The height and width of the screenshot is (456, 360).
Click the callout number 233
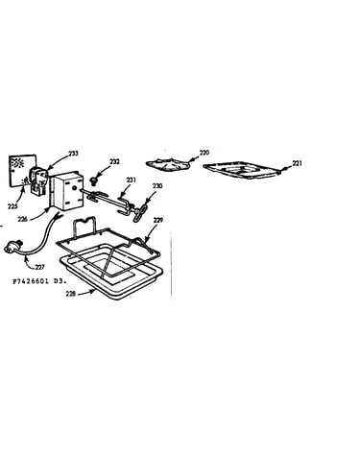73,154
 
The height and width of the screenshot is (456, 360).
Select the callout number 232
114,162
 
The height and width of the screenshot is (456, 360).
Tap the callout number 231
131,180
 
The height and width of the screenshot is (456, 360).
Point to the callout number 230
157,186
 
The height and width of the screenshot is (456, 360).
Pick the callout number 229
157,220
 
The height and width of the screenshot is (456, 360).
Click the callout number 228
71,293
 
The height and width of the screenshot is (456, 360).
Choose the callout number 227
40,267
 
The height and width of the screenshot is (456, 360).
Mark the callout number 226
23,219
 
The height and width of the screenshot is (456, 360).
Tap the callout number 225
12,207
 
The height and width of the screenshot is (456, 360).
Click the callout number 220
204,153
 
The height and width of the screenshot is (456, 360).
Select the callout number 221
297,163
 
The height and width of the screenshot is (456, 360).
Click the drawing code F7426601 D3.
39,282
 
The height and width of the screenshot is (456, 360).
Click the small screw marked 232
94,181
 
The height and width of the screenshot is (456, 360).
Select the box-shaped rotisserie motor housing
67,191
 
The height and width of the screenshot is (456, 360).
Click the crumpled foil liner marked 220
167,163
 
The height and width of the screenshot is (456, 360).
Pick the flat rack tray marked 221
242,170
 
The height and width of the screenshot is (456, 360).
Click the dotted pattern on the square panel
17,163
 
